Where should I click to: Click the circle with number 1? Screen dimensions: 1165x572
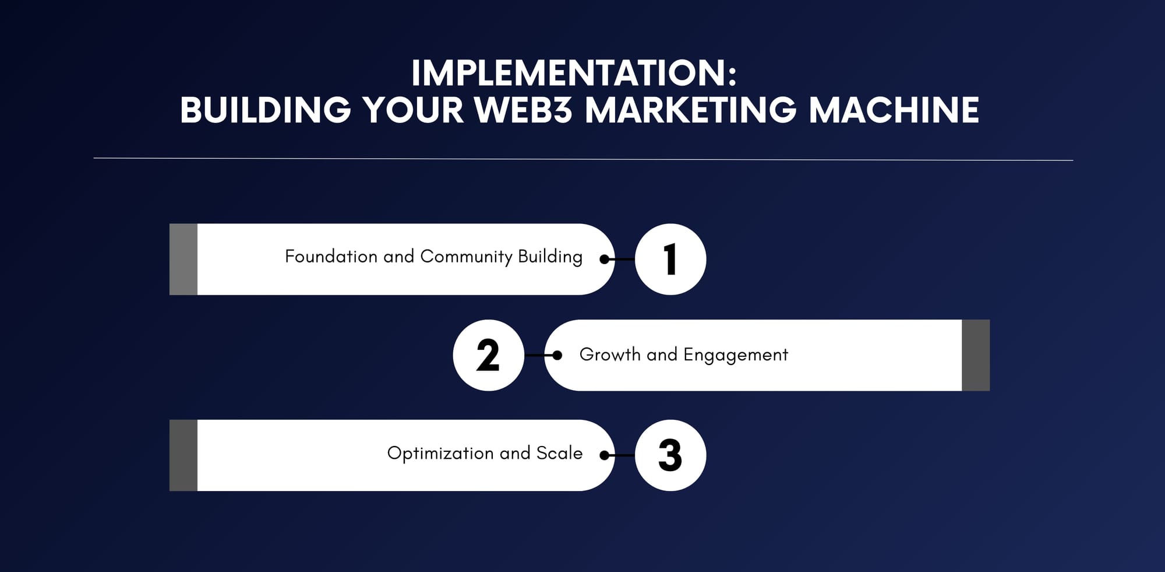pyautogui.click(x=670, y=259)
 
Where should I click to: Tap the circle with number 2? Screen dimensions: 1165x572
pyautogui.click(x=489, y=355)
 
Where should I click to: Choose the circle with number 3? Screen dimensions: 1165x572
pyautogui.click(x=670, y=455)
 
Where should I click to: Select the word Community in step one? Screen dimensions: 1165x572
pyautogui.click(x=466, y=257)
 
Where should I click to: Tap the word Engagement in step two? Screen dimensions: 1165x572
pyautogui.click(x=736, y=355)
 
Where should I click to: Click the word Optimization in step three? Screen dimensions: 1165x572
pyautogui.click(x=441, y=454)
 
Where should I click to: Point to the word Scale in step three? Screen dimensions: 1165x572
pyautogui.click(x=559, y=453)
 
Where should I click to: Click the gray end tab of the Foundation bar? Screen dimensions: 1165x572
pyautogui.click(x=183, y=259)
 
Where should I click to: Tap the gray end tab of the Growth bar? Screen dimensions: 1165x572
pyautogui.click(x=976, y=355)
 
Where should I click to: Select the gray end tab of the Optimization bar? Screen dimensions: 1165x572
pyautogui.click(x=183, y=455)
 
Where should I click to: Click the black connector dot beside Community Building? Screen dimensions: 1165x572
pyautogui.click(x=605, y=259)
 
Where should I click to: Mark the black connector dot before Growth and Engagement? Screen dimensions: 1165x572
pyautogui.click(x=557, y=355)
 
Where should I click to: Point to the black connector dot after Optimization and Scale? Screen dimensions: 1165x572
pyautogui.click(x=605, y=455)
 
